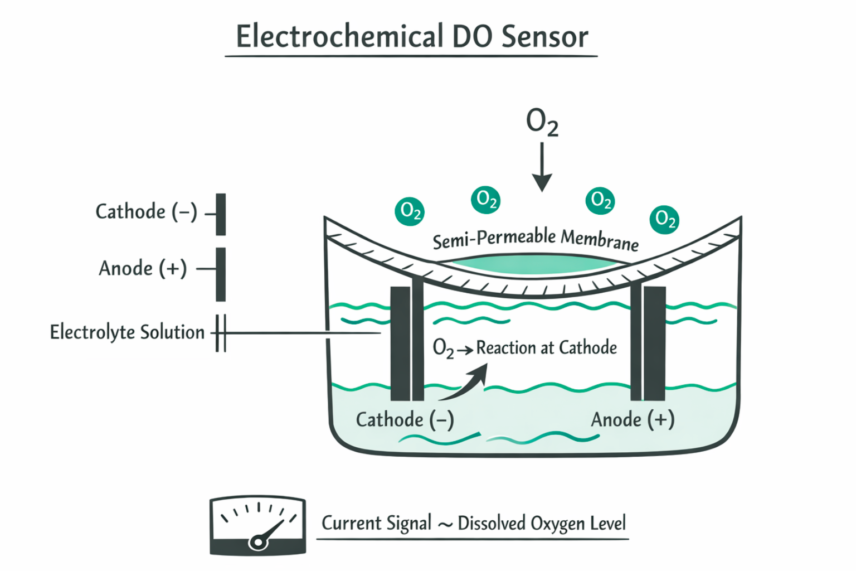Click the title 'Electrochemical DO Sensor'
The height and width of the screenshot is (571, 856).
point(412,37)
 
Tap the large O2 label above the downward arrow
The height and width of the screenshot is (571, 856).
point(542,122)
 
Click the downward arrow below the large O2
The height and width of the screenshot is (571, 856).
point(542,167)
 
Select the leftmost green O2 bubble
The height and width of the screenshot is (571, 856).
point(410,211)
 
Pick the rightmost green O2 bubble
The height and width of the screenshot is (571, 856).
point(664,219)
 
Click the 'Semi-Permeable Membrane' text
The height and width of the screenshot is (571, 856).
point(536,239)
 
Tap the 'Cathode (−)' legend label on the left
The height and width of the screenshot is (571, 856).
point(147,212)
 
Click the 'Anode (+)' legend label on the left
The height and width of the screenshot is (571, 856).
point(143,268)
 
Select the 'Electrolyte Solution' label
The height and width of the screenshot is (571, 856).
point(127,332)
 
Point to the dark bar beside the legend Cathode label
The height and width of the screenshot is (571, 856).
point(221,214)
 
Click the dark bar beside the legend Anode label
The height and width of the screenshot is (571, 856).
point(221,274)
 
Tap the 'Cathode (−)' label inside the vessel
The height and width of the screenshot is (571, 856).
point(405,419)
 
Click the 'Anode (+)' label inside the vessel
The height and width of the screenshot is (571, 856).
point(633,419)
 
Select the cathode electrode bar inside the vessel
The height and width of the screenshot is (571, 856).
point(401,343)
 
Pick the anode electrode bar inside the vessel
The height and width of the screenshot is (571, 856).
point(654,343)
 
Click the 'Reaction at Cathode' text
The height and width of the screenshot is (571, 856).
point(546,348)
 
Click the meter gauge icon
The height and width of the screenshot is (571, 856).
point(257,525)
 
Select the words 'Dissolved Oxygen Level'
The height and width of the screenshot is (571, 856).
point(542,524)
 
